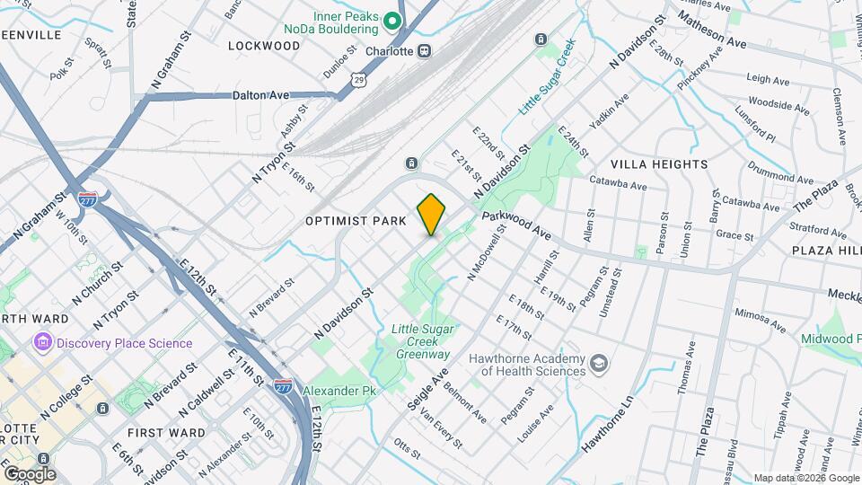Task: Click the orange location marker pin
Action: coord(431,215)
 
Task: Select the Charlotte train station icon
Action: coord(424,50)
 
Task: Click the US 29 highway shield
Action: coord(358,81)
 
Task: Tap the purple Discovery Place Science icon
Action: coord(41,343)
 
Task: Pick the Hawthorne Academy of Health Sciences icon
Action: coord(599,365)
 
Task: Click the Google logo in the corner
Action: coord(29,473)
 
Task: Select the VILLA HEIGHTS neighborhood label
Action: coord(659,164)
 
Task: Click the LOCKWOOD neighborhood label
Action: coord(263,45)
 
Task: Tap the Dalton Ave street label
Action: coord(260,94)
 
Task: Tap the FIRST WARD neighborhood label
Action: coord(166,433)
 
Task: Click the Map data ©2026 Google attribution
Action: coord(805,478)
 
